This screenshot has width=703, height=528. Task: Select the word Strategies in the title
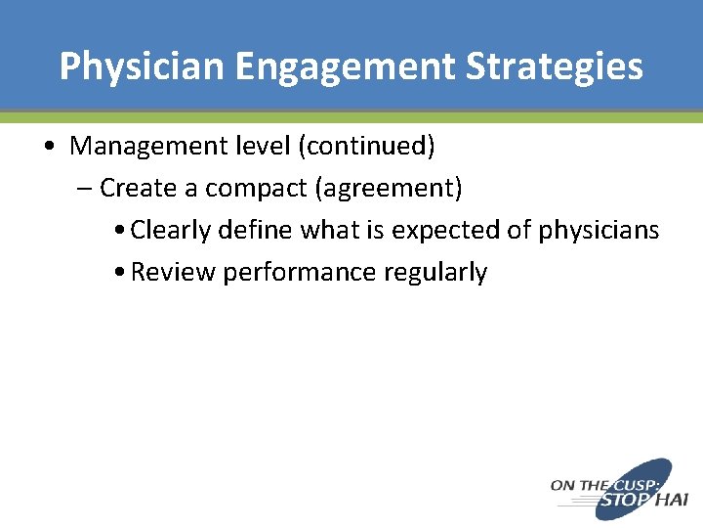(553, 66)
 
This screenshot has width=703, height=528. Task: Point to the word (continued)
(367, 147)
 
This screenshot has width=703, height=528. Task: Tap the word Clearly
(171, 230)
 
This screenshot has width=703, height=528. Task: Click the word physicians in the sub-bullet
(600, 231)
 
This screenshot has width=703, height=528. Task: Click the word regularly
(435, 273)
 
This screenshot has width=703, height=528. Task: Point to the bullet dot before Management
(49, 147)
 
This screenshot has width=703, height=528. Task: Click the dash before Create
(84, 187)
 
